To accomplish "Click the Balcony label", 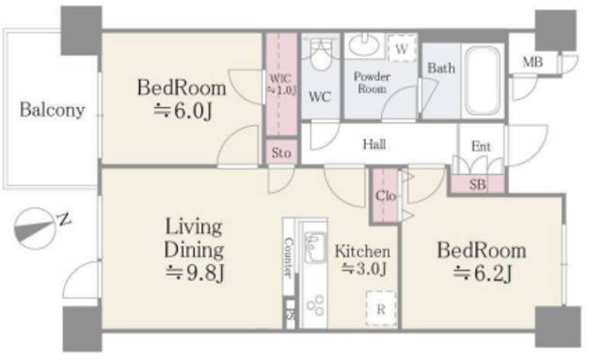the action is [53, 110].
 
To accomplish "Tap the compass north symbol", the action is [36, 228].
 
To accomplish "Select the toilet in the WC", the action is [320, 55].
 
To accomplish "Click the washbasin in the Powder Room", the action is [364, 44].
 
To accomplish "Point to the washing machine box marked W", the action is [402, 48].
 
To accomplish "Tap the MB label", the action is [532, 61].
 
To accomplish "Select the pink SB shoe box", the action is [477, 184].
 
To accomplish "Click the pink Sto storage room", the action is [282, 152].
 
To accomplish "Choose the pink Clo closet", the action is [385, 196].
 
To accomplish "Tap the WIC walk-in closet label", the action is [282, 84].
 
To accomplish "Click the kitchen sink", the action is [314, 245].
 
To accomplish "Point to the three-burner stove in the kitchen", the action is [315, 306].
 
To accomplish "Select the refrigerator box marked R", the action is [381, 309].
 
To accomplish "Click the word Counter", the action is [289, 258].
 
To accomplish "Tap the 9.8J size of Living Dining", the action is [195, 274].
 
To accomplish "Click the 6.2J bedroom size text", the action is [483, 274].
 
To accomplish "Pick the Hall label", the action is [374, 145].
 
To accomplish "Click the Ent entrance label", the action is [481, 147].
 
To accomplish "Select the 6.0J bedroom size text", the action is [182, 111].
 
